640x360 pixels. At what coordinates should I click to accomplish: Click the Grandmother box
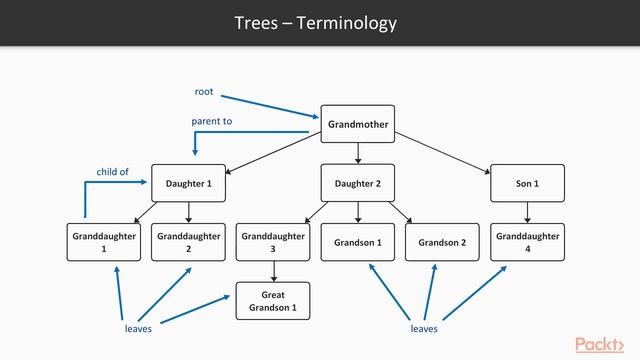point(357,124)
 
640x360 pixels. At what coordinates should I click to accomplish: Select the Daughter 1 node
point(188,183)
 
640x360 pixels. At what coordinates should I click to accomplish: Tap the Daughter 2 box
point(357,183)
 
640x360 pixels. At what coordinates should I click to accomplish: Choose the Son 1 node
point(527,183)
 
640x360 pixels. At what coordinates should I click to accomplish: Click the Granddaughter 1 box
point(104,242)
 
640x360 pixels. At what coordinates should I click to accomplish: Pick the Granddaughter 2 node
point(188,242)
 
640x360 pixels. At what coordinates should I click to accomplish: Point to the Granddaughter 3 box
point(273,242)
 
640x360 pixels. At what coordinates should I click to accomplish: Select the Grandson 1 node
point(357,242)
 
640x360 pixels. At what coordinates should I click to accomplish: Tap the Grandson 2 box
point(442,242)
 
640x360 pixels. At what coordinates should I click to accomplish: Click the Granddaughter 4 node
point(527,242)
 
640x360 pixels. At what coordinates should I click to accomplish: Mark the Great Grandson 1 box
point(273,301)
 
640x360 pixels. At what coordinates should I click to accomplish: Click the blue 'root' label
point(204,92)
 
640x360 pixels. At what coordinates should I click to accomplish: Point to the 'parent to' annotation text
point(211,121)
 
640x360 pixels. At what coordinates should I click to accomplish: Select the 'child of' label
point(112,172)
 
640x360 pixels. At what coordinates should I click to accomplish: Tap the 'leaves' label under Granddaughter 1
point(138,328)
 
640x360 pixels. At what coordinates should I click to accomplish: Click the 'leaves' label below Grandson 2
point(424,328)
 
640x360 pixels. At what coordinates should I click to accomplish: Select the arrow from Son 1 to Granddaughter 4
point(527,212)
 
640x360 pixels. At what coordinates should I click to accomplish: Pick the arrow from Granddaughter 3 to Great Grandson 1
point(273,271)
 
